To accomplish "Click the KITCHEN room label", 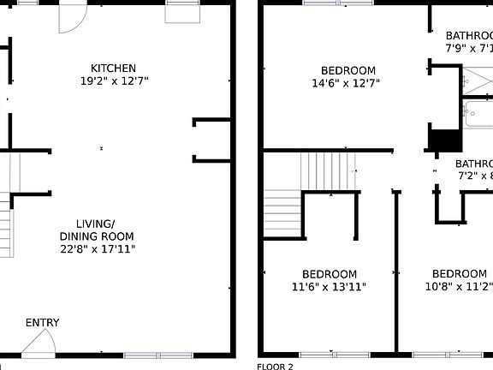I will [x=114, y=69].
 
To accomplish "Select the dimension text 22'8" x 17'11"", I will [x=97, y=249].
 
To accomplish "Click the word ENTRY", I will [x=43, y=323].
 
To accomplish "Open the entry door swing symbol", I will [x=39, y=343].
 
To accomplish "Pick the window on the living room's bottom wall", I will [x=158, y=355].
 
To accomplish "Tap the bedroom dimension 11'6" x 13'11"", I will [x=329, y=287].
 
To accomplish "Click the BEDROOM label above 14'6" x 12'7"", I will [x=347, y=70].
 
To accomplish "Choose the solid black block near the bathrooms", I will [x=444, y=140].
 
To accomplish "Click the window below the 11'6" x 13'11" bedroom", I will [x=329, y=354].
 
